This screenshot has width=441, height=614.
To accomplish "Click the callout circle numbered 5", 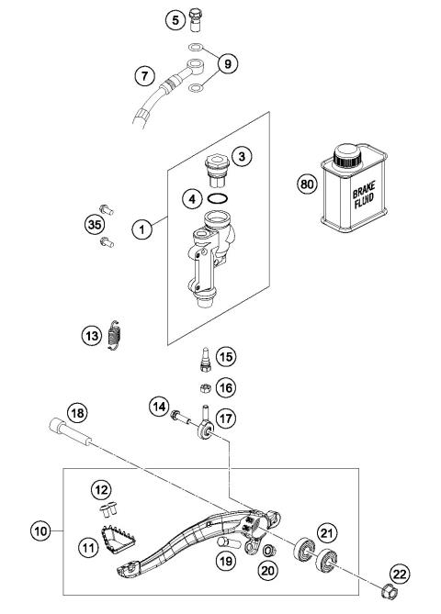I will pyautogui.click(x=175, y=18).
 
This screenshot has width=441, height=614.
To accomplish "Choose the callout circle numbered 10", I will pyautogui.click(x=40, y=530).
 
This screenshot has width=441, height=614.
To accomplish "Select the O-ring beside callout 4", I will pyautogui.click(x=217, y=197).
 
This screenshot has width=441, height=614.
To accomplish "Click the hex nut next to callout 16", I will pyautogui.click(x=208, y=389).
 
